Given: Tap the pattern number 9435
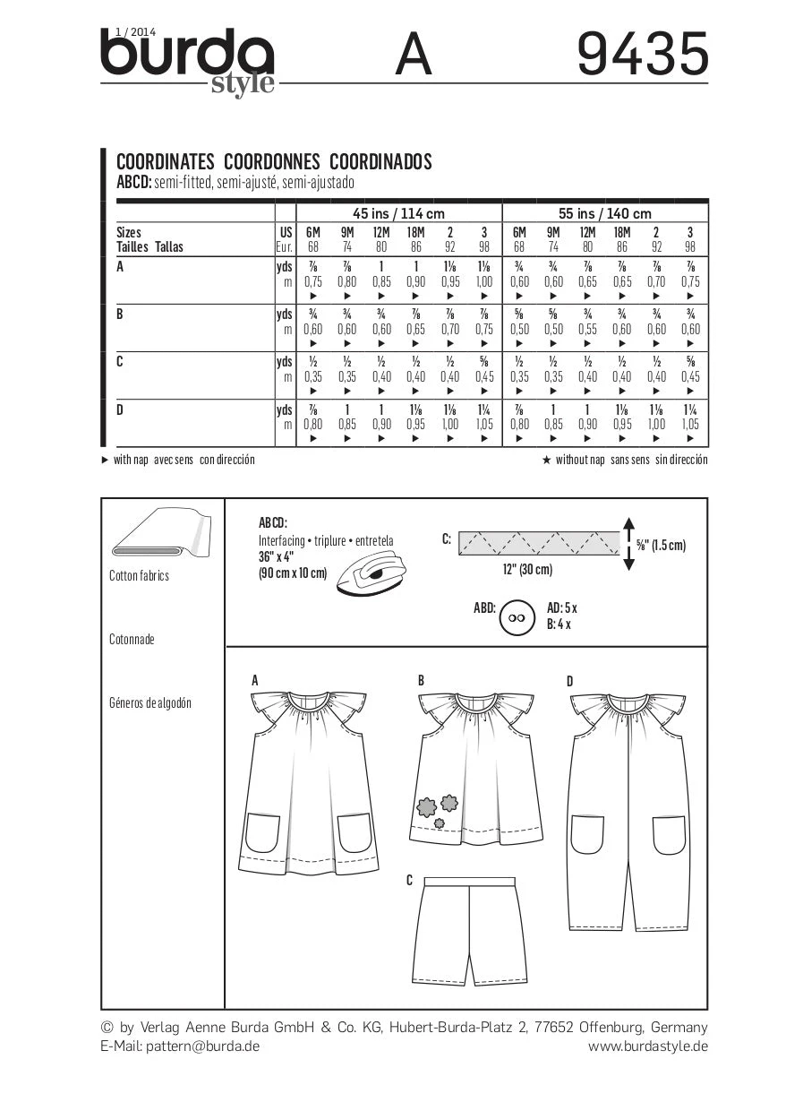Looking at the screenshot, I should point(642,55).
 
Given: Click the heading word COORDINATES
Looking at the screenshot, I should point(166,162).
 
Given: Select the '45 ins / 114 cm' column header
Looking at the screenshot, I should point(386,213).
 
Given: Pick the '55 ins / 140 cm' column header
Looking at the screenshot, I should point(604,213).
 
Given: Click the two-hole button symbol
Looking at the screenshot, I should point(514,617).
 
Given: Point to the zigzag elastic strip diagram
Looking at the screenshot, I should point(538,543).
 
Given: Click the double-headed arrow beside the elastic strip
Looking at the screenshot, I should point(628,544).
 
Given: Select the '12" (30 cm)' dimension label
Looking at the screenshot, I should point(528,570).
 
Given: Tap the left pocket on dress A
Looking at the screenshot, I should point(266,833).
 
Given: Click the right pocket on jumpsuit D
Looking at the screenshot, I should point(669,834).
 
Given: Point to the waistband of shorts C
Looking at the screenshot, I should point(469,883).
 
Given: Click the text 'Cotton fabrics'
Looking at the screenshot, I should point(139,576).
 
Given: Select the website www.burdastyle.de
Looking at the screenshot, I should point(647,1046).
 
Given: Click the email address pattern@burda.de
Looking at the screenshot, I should point(202,1046).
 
